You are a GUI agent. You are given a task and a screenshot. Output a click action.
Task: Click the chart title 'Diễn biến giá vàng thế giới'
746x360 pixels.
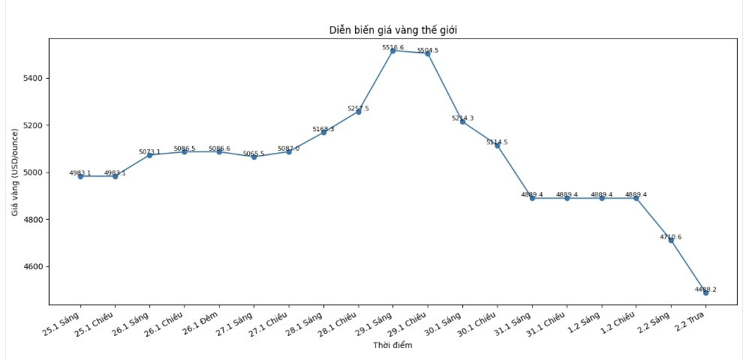393,30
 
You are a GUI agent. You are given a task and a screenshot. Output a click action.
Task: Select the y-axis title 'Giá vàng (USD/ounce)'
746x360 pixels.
15,172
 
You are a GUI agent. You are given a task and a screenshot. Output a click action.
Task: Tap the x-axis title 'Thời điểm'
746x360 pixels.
393,346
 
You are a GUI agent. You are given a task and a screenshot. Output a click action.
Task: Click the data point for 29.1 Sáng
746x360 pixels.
393,50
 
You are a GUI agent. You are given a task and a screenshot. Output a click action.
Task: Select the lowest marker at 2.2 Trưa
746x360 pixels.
705,292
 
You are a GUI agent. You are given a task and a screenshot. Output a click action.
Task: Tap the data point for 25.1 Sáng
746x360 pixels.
80,176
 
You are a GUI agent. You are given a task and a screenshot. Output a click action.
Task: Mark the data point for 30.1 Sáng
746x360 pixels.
462,121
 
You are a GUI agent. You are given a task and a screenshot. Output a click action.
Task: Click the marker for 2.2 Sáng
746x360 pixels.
671,240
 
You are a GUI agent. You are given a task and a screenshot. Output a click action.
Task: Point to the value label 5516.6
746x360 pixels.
393,47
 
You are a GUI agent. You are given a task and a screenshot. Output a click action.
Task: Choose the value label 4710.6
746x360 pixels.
671,237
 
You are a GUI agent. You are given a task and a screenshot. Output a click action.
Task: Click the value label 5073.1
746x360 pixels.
149,152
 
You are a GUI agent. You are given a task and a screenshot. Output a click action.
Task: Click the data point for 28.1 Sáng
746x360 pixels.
323,133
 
